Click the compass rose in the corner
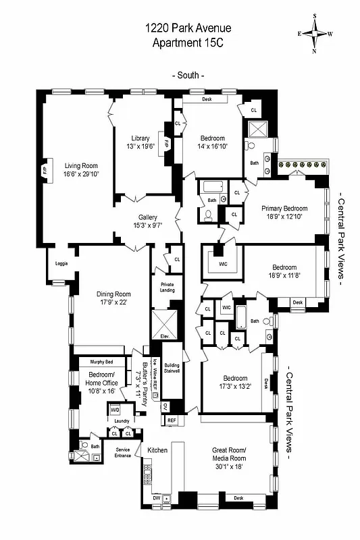pyautogui.click(x=316, y=33)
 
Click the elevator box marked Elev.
pyautogui.click(x=163, y=335)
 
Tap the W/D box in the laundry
pyautogui.click(x=115, y=409)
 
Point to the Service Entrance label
pyautogui.click(x=122, y=452)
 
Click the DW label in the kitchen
pyautogui.click(x=156, y=498)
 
